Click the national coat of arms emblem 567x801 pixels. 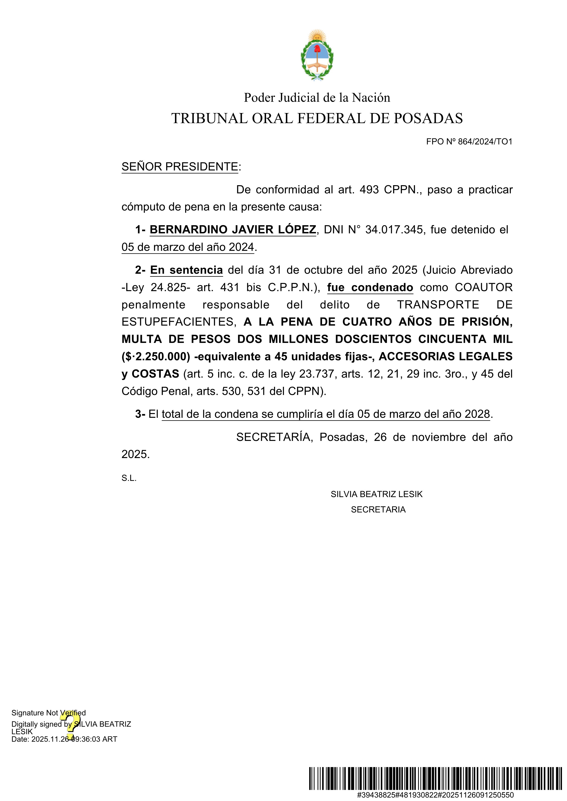click(x=317, y=55)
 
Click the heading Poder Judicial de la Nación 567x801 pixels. click(x=317, y=98)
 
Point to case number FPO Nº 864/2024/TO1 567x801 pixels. click(x=469, y=142)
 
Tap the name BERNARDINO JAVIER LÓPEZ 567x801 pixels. click(x=233, y=229)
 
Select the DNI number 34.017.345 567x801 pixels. click(x=394, y=229)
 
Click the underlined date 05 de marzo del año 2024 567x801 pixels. click(x=187, y=247)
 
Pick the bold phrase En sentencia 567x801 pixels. click(x=186, y=270)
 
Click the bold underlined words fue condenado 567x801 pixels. click(x=370, y=287)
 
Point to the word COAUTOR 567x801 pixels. click(x=484, y=287)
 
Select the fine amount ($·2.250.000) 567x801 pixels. click(x=156, y=356)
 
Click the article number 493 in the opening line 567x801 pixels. click(x=369, y=190)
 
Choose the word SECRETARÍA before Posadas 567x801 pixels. click(x=274, y=437)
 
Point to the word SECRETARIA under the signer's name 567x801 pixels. click(x=378, y=510)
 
